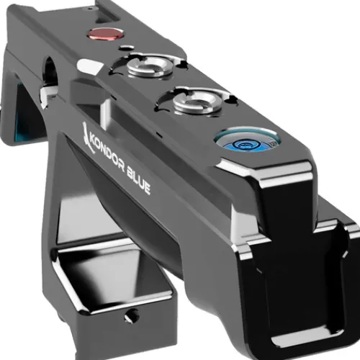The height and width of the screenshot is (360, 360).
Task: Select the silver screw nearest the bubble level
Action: [197, 101]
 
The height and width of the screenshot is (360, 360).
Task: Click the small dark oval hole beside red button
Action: [127, 48]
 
